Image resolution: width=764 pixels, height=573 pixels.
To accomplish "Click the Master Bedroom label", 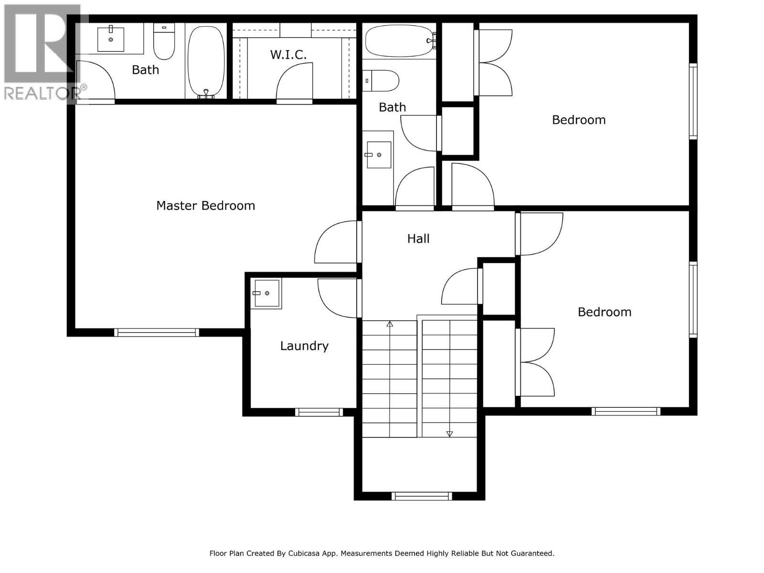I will (x=205, y=206).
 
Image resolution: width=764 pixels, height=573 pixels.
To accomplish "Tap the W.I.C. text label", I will (x=288, y=55).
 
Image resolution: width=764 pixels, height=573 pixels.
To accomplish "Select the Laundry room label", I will (x=304, y=346).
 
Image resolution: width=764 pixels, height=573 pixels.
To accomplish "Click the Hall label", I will (x=418, y=238).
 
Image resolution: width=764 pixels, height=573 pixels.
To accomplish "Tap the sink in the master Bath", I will (x=111, y=39).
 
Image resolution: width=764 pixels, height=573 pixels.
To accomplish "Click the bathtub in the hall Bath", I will (x=400, y=41).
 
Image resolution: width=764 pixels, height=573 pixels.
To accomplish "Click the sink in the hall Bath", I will (x=379, y=155).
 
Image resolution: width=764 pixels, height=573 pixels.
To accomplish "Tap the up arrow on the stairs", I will (x=390, y=324).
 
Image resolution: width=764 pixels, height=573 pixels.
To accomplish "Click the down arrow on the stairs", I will (x=449, y=434).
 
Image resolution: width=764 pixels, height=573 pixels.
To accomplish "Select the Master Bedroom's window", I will (x=157, y=332).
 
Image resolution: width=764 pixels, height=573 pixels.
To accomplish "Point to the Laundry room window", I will (x=318, y=412).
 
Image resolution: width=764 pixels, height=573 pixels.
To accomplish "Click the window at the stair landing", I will (x=422, y=496).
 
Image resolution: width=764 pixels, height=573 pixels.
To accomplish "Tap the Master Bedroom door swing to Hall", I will (x=336, y=243).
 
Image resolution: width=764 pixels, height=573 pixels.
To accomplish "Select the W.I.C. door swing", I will (x=294, y=83).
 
